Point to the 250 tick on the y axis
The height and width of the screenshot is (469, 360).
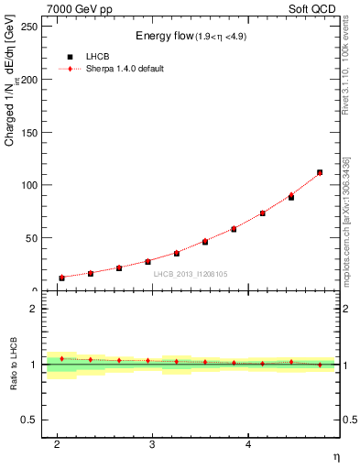pos(29,27)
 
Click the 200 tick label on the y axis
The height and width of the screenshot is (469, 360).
pos(29,80)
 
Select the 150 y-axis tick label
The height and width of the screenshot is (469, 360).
pos(29,132)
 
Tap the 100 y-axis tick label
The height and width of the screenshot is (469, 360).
pos(29,185)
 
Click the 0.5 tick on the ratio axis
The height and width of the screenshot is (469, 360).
pos(30,420)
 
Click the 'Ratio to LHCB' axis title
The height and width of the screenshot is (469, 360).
pos(14,364)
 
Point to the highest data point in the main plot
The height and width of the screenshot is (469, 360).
pos(319,172)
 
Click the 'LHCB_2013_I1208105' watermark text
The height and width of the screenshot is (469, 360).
pos(192,273)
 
